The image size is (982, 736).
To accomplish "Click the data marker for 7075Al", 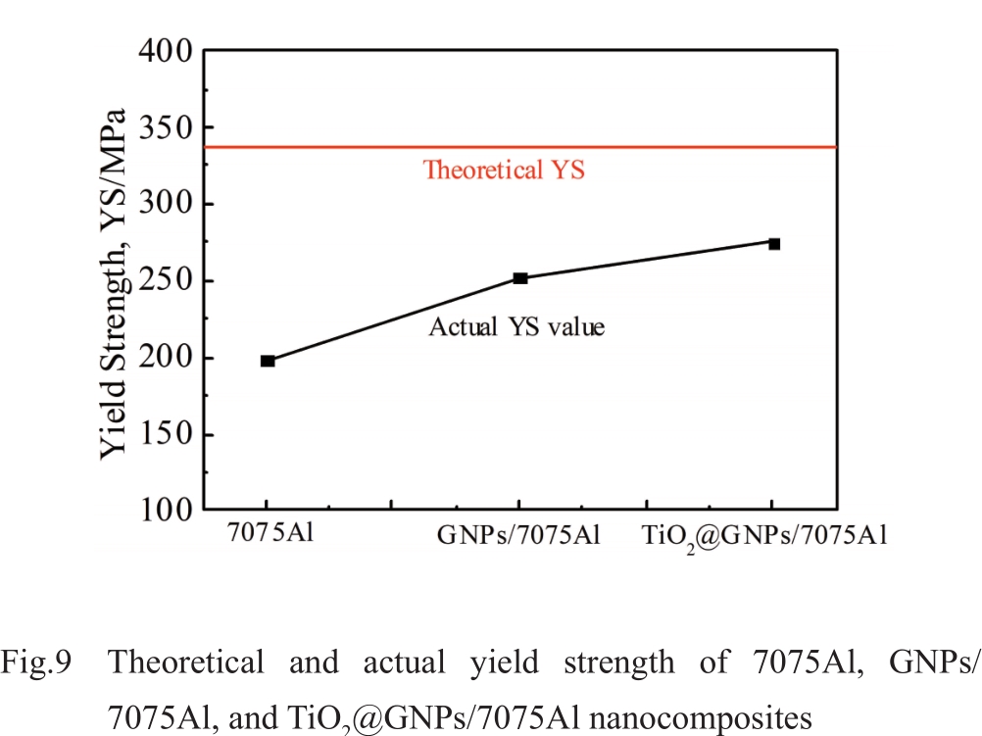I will point(268,361).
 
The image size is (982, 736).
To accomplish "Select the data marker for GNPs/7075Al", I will point(520,278).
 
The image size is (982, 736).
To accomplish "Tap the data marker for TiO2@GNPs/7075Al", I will point(774,243).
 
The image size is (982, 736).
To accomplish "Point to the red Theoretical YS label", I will point(504,170).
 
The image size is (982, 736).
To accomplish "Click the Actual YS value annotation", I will point(516,326).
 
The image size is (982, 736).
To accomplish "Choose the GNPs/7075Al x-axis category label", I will point(519,536).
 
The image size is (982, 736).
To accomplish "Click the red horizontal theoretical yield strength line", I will point(686,147).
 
